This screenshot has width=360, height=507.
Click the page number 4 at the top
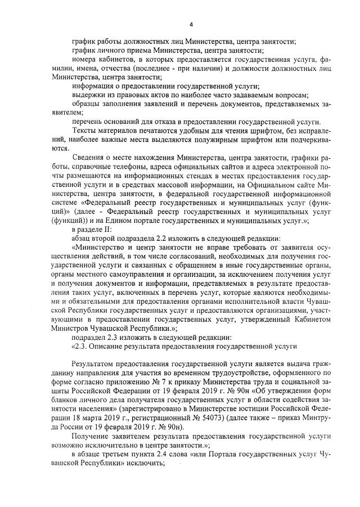(191, 24)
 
